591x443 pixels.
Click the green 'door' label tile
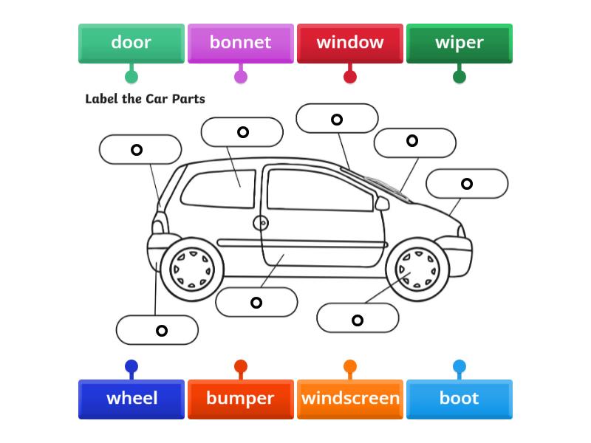click(131, 43)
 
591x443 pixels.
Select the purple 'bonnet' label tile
click(240, 43)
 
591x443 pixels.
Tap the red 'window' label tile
click(349, 43)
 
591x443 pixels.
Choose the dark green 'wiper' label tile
click(459, 43)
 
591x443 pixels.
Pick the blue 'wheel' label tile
click(131, 399)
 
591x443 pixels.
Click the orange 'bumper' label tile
click(240, 399)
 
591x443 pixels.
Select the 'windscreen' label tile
click(349, 399)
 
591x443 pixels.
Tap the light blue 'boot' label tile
click(459, 399)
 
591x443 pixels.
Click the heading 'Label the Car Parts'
click(145, 99)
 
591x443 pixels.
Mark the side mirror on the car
click(382, 202)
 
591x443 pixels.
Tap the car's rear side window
click(218, 189)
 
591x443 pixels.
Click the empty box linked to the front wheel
click(358, 318)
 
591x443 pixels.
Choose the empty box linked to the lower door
click(256, 302)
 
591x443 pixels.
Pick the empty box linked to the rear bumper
click(157, 330)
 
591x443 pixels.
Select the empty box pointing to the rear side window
click(242, 132)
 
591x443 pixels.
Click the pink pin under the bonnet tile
click(240, 76)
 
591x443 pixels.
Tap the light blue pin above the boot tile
click(459, 366)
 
